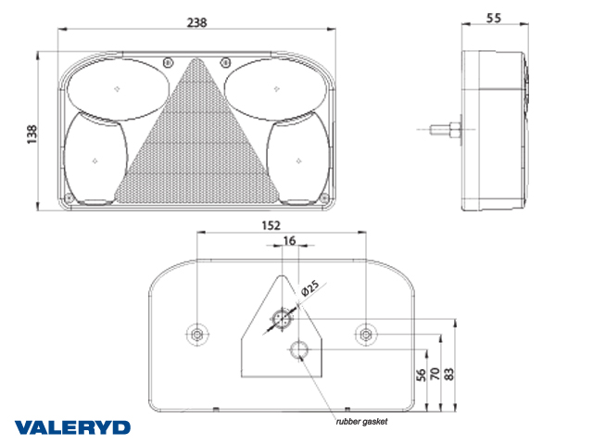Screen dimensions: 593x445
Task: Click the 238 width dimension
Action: pos(197,22)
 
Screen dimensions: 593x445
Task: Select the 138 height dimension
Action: pos(32,133)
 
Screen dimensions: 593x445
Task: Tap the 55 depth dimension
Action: pos(494,18)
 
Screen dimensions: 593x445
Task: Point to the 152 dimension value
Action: pos(271,225)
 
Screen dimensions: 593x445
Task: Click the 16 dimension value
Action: pos(289,241)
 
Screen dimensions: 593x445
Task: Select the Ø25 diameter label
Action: pos(310,288)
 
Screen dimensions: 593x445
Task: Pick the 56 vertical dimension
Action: pos(421,375)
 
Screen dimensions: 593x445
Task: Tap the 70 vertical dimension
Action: pos(435,374)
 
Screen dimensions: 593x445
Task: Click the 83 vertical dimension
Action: pos(448,374)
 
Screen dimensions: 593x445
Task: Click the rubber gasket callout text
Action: pos(361,422)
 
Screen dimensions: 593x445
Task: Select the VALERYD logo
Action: pos(72,427)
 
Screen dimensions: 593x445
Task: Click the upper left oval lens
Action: pos(118,89)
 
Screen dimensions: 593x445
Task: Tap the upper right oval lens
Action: pos(275,89)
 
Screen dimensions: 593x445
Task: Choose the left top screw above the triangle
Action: pos(169,62)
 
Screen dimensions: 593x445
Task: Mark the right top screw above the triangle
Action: pos(225,62)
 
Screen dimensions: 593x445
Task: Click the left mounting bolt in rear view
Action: pos(197,335)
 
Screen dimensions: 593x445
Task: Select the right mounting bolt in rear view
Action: pos(366,335)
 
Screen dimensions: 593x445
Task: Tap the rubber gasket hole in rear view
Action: pos(299,350)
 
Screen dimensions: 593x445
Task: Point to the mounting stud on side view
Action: pos(445,130)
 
